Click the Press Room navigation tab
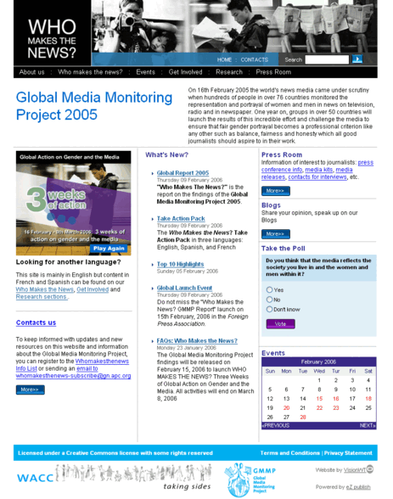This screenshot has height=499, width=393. click(273, 72)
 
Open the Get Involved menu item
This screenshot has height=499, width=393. click(185, 72)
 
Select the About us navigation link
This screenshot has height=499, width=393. click(32, 72)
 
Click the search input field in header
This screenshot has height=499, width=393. click(327, 59)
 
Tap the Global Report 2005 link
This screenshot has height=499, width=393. click(182, 172)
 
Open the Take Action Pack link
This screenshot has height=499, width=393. click(181, 218)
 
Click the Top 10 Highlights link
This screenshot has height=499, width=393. click(180, 264)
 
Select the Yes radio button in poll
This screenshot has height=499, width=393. click(269, 289)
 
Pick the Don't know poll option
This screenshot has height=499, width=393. click(269, 310)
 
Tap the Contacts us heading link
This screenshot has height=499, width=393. click(36, 322)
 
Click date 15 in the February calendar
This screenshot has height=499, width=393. click(319, 398)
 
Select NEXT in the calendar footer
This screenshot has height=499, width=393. click(368, 425)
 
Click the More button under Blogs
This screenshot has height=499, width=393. click(275, 234)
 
